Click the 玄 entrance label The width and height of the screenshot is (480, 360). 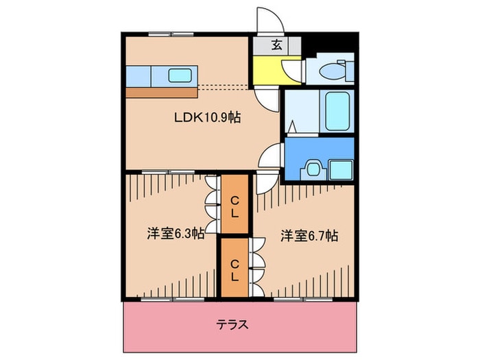point(276,46)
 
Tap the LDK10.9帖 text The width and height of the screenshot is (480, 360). point(205,117)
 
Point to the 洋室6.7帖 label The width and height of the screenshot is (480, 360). point(309,235)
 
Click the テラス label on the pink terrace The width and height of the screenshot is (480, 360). point(232,324)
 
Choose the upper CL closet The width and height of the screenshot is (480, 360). point(235,204)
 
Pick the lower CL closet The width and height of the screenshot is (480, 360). point(235,267)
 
